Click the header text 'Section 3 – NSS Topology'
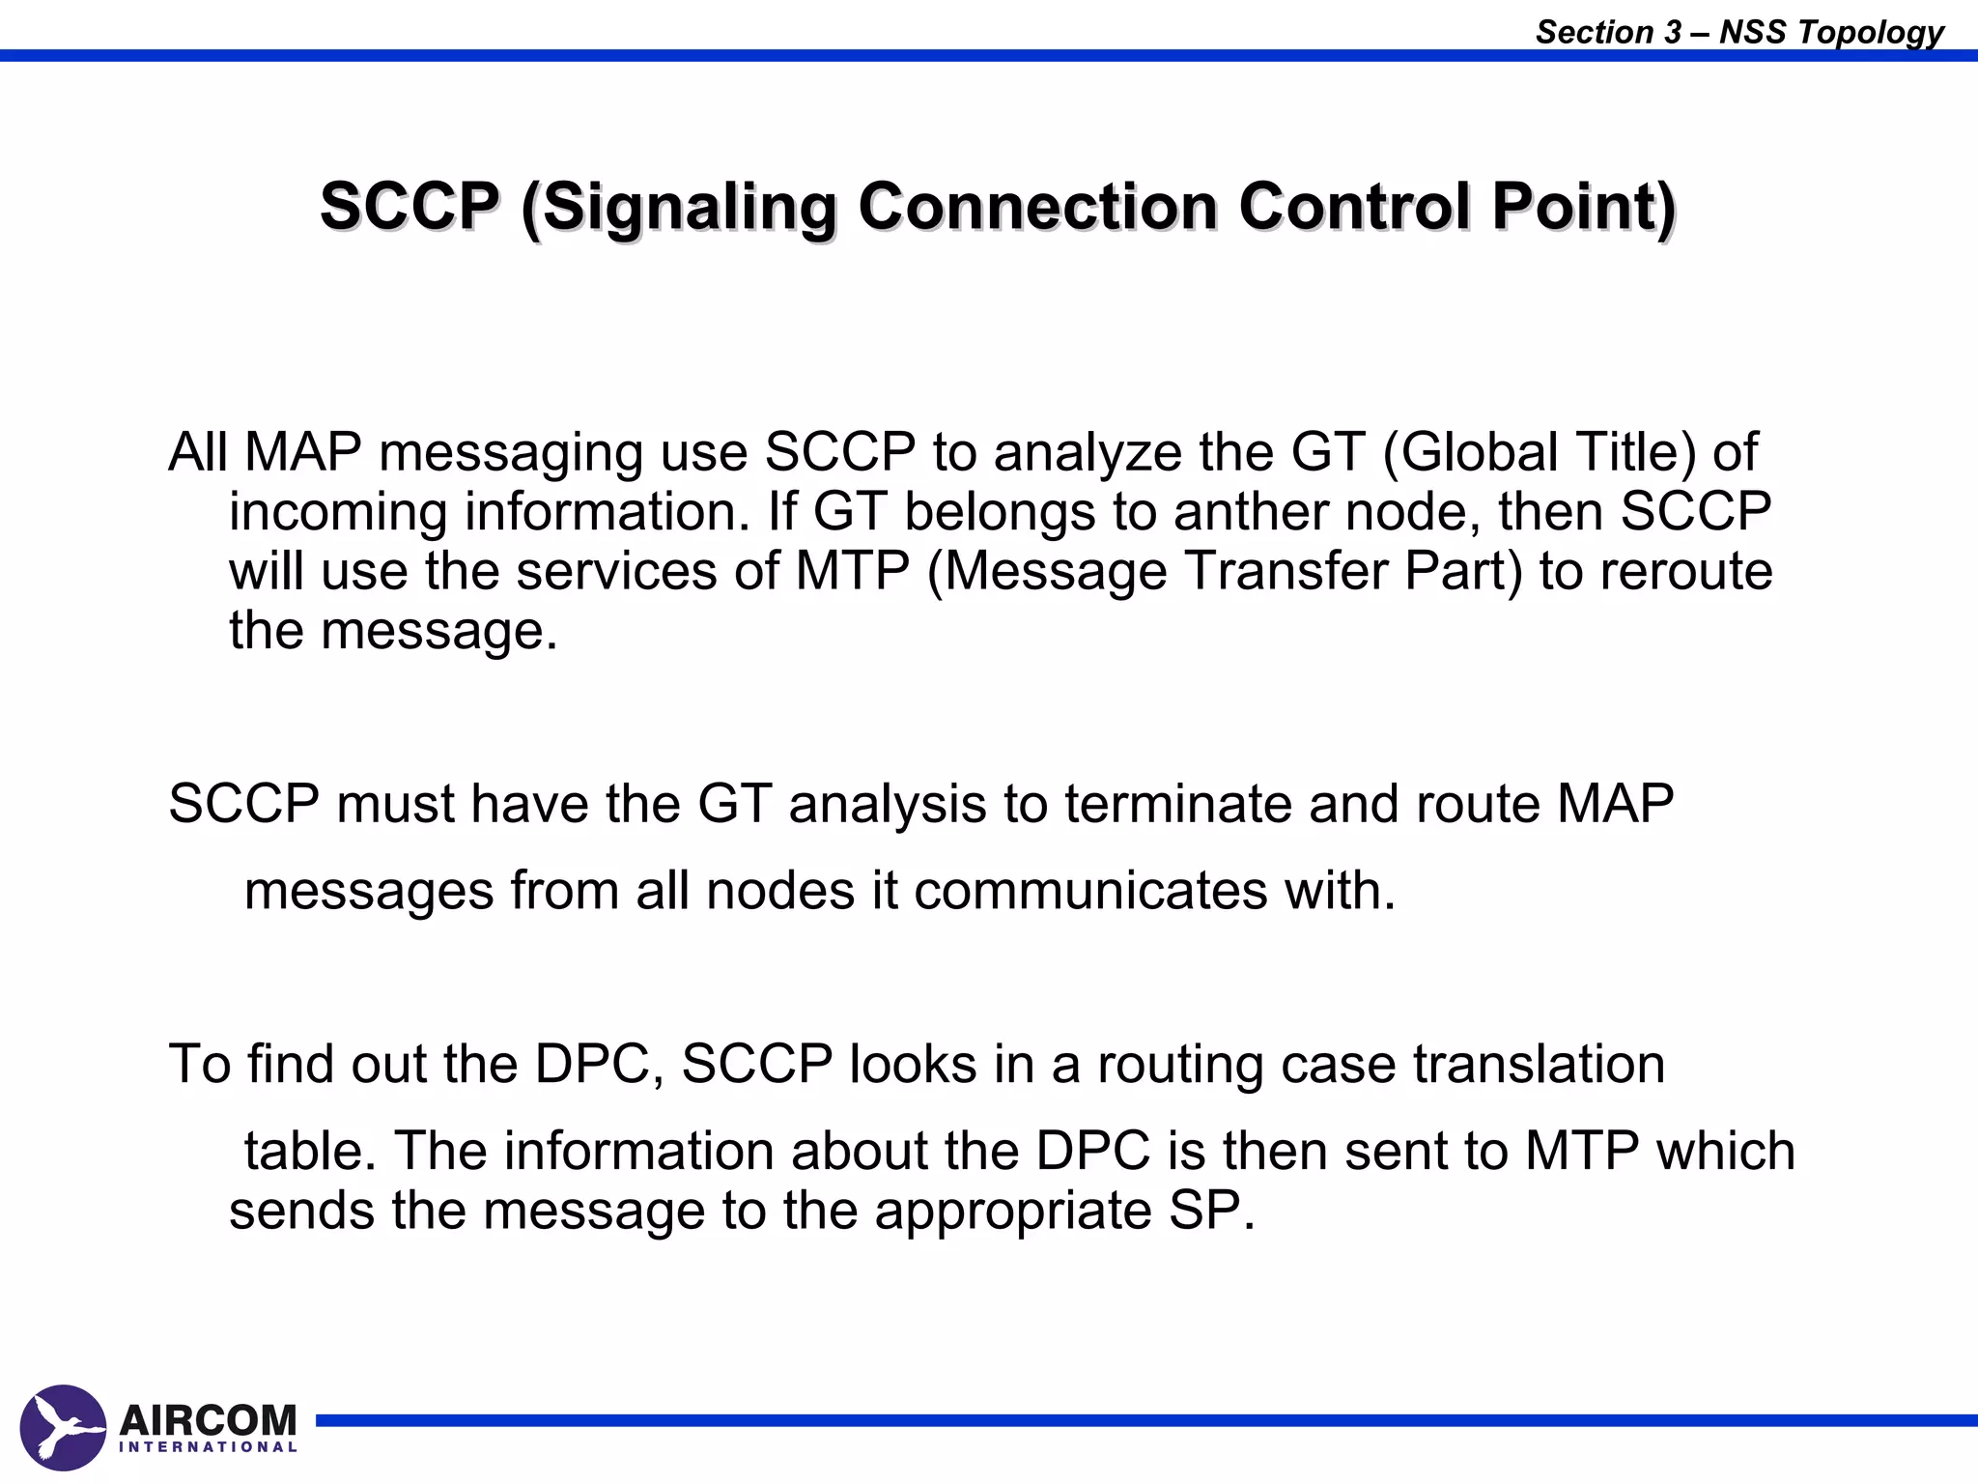[1738, 32]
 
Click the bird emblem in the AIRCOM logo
[63, 1428]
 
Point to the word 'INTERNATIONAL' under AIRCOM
[208, 1447]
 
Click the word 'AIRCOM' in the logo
[208, 1420]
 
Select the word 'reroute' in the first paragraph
[1686, 571]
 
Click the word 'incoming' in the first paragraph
[338, 513]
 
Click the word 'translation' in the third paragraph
[1540, 1064]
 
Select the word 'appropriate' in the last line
[1013, 1212]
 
